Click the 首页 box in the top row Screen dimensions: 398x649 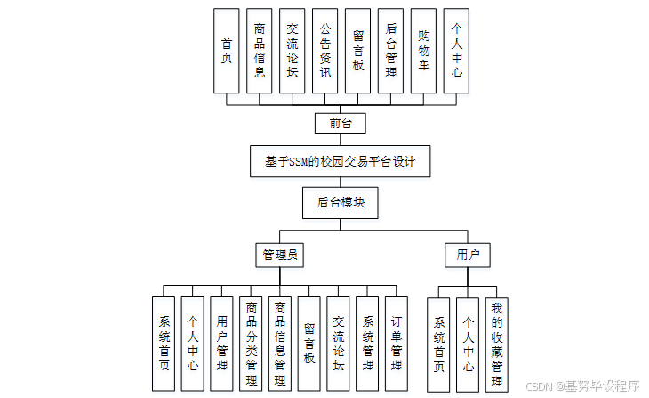(227, 51)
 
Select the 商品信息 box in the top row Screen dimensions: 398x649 (260, 51)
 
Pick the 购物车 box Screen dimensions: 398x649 (423, 51)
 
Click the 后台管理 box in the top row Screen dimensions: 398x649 (390, 51)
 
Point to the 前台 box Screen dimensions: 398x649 (341, 123)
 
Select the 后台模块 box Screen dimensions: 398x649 (341, 203)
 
